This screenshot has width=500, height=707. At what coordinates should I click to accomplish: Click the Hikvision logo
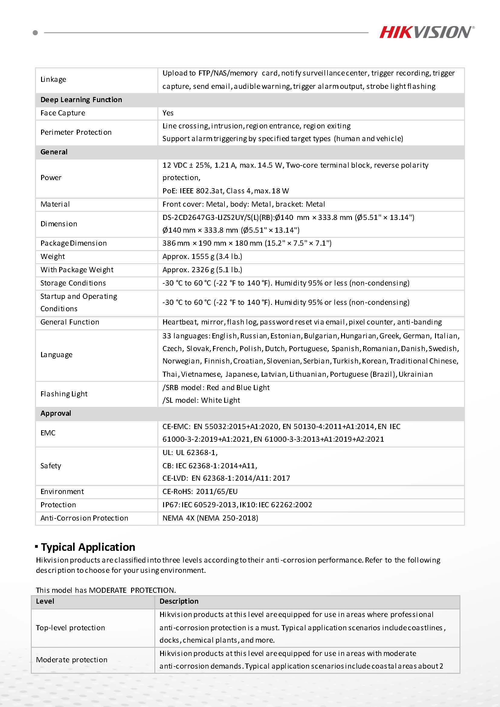(426, 32)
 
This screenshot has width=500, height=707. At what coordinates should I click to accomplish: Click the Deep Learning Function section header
(81, 100)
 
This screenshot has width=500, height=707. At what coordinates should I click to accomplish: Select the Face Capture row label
(63, 113)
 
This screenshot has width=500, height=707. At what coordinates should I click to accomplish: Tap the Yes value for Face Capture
(168, 113)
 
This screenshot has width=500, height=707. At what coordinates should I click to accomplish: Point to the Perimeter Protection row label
(76, 132)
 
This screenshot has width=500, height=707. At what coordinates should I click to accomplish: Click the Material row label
(55, 204)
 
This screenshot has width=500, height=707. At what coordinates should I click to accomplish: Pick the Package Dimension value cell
(247, 243)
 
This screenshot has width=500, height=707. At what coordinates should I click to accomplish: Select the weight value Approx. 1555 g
(202, 257)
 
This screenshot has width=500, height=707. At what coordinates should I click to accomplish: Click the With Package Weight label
(77, 270)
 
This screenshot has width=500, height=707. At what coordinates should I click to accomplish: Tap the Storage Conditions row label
(73, 283)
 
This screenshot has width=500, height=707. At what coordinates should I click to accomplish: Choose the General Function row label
(70, 322)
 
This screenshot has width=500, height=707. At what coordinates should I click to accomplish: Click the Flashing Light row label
(64, 394)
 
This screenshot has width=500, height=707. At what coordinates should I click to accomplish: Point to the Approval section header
(56, 413)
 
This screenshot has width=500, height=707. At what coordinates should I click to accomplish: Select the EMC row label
(48, 433)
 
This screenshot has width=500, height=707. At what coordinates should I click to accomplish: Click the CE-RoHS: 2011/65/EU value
(200, 492)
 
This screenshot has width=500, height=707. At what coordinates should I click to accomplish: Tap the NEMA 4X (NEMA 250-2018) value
(210, 518)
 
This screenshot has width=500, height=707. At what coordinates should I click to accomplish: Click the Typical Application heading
(88, 547)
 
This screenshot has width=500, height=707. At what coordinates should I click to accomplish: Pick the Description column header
(179, 601)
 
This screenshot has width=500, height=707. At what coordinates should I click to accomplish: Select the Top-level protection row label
(70, 628)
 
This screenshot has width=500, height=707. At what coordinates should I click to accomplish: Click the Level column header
(45, 601)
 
